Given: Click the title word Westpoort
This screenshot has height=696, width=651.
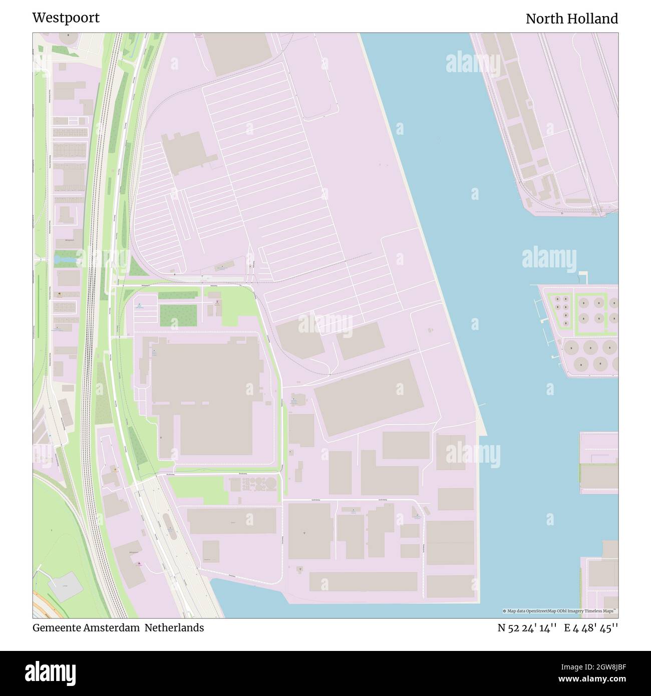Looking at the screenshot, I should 66,18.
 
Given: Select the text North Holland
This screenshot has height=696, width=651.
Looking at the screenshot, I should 571,19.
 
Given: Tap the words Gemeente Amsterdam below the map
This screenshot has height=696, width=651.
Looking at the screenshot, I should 86,628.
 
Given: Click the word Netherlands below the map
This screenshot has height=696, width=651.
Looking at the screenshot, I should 174,628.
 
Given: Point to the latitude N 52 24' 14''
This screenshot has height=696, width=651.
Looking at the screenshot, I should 527,628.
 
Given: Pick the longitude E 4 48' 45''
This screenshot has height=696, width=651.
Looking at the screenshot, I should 591,628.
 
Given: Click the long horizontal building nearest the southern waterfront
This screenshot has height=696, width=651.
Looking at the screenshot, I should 363,581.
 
